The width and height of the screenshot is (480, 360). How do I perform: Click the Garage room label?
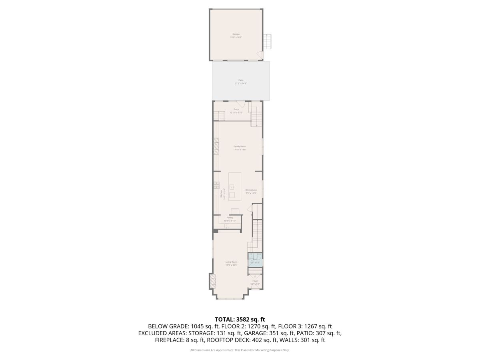click(236, 34)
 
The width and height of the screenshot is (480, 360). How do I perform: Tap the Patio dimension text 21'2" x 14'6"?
click(241, 83)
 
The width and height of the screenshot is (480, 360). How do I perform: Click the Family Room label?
click(240, 146)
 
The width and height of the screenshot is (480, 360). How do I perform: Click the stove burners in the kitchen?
click(216, 185)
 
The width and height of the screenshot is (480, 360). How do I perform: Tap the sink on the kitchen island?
click(232, 187)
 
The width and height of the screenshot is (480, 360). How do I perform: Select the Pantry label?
click(230, 218)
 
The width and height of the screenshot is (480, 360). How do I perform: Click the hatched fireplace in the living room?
click(212, 281)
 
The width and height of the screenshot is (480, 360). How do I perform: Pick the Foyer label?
click(255, 281)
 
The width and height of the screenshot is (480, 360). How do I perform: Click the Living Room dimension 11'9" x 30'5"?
click(231, 265)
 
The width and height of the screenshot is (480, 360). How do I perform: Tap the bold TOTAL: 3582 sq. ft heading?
click(240, 319)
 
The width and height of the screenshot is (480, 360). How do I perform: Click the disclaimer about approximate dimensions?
click(240, 350)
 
